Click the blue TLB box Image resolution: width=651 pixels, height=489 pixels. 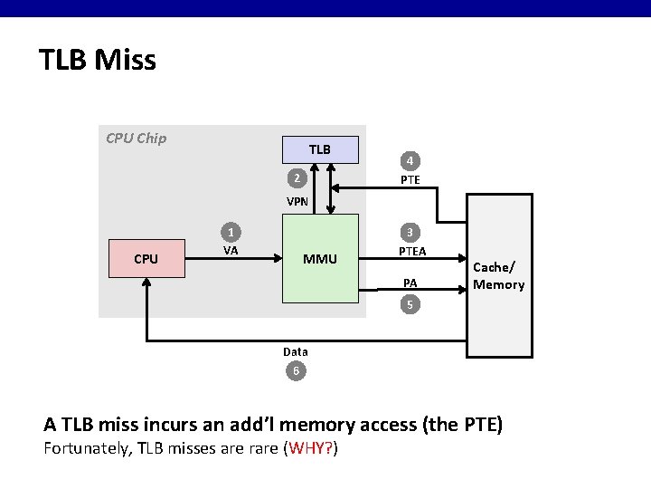point(320,149)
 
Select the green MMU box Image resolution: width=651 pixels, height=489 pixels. point(320,259)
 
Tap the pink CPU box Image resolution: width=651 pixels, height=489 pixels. point(146,259)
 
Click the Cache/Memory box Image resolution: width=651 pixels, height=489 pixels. point(498,276)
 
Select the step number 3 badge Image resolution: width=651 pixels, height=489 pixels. point(410,231)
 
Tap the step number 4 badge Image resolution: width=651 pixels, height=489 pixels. point(410,162)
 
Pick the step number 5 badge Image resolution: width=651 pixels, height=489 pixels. point(410,305)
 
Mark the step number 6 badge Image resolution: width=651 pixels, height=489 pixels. point(295,370)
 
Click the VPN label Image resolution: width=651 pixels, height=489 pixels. point(297,202)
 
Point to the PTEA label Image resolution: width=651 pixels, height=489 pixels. point(412,251)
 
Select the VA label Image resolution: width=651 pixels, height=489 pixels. point(231,251)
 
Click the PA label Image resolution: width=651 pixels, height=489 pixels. point(410,283)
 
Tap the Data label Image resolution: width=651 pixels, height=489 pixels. point(295,351)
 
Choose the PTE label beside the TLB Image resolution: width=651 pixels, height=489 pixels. point(410,180)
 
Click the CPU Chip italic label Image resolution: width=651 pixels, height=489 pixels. point(136,139)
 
